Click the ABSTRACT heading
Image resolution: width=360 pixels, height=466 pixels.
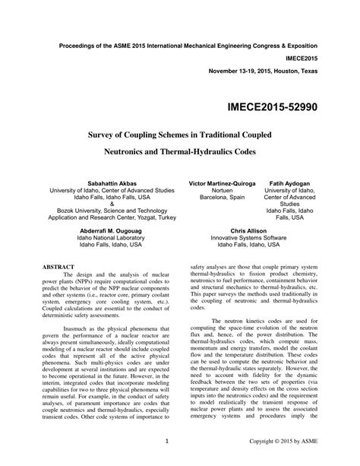point(58,267)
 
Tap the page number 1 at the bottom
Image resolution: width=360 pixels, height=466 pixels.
point(166,440)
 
